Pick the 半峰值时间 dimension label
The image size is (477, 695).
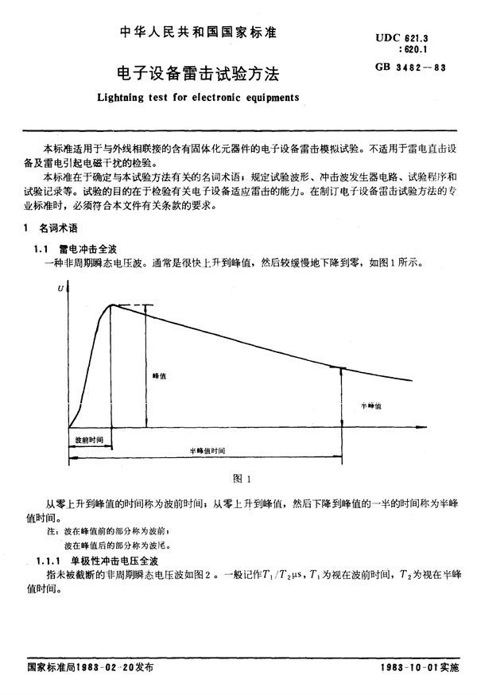coord(207,451)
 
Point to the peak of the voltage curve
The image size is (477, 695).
coord(113,305)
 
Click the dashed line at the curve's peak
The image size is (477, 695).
coord(132,305)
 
